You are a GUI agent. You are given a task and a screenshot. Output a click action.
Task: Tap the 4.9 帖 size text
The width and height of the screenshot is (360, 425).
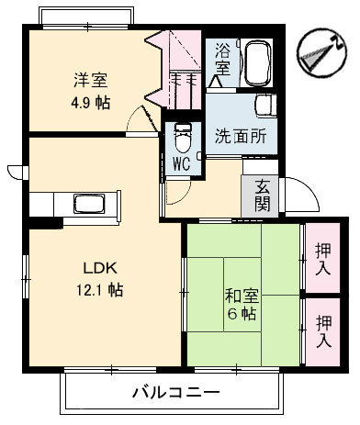click(91, 102)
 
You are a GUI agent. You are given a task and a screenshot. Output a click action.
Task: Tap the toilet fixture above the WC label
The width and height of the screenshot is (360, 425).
click(182, 139)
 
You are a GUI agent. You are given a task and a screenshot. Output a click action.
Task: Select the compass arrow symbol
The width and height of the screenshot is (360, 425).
click(317, 53)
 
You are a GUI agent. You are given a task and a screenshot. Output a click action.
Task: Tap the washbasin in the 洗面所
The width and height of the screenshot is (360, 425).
click(266, 108)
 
